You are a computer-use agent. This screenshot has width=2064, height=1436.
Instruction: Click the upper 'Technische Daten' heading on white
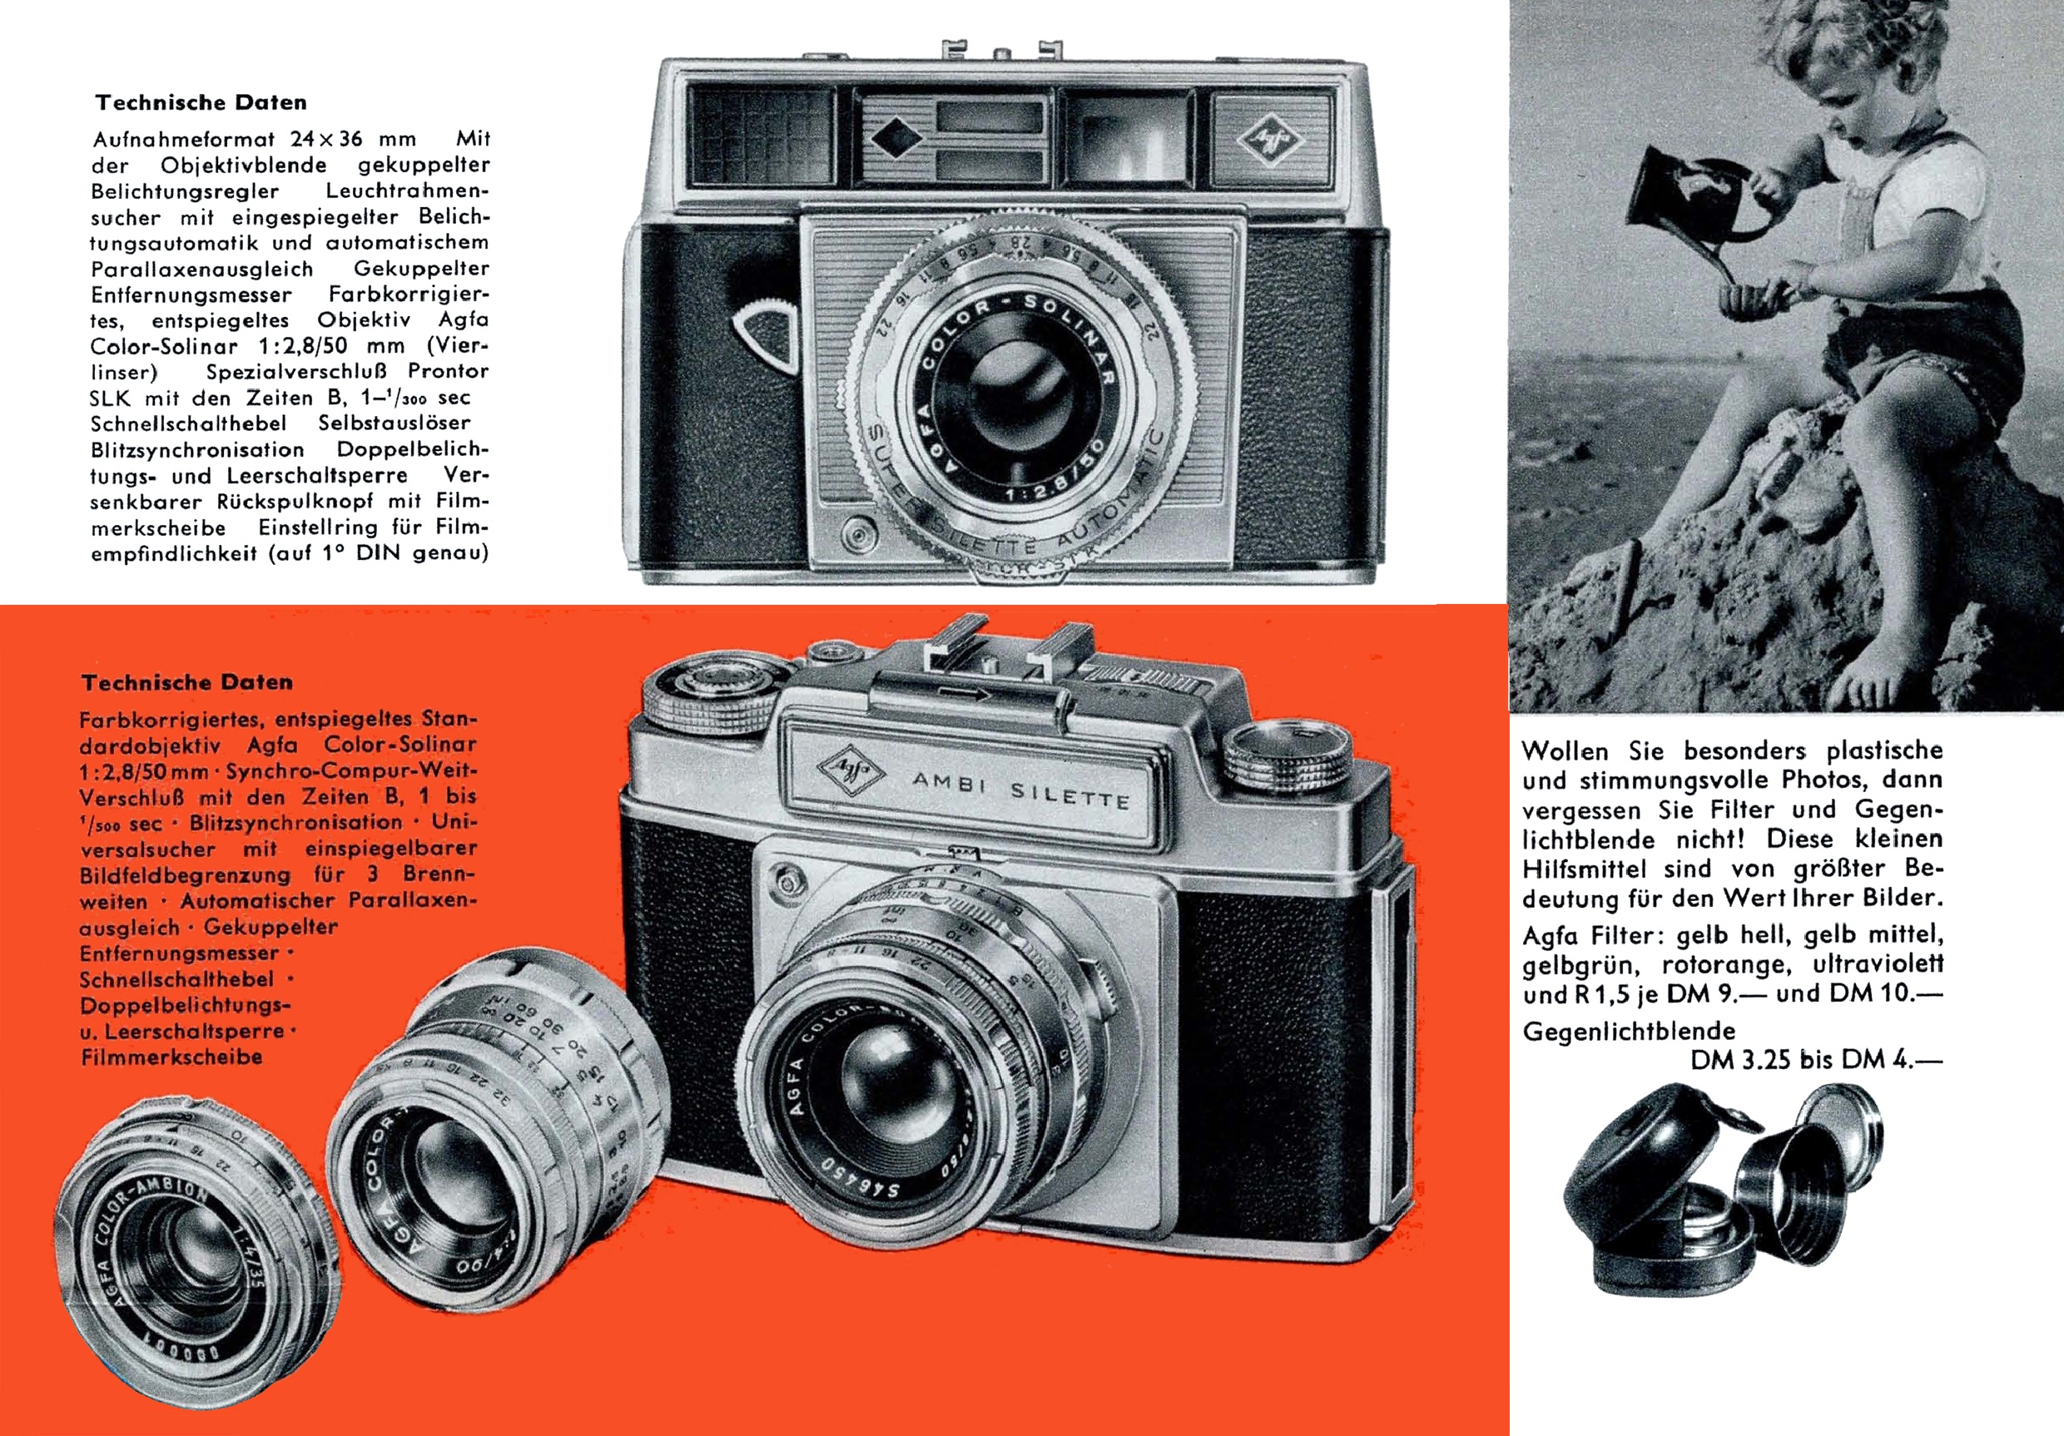coord(201,102)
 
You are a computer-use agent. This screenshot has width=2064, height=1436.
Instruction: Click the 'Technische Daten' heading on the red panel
coord(187,682)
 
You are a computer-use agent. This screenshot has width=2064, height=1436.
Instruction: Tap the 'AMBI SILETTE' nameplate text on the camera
coord(1021,789)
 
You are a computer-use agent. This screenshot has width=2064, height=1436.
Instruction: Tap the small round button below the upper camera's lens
coord(861,536)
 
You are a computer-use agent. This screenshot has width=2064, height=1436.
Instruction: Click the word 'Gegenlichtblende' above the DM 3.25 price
coord(1629,1031)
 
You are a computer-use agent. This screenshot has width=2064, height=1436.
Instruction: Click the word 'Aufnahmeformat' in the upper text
coord(186,139)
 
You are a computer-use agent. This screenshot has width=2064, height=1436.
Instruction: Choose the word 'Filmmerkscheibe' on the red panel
coord(171,1057)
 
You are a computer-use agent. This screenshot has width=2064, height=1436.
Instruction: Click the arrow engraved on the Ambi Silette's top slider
coord(965,693)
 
